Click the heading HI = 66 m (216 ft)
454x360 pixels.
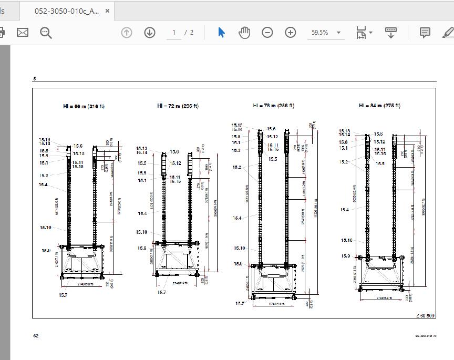tap(84, 106)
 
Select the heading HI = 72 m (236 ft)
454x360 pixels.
tap(178, 106)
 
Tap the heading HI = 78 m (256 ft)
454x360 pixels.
tap(273, 106)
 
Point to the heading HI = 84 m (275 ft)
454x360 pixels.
tap(379, 106)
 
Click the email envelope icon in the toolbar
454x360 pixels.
tap(23, 33)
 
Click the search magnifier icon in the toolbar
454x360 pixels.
tap(46, 33)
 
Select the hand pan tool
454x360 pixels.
tap(244, 33)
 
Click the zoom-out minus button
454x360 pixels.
tap(267, 33)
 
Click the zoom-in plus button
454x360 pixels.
tap(291, 33)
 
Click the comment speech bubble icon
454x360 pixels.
tap(425, 33)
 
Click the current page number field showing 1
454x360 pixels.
tap(174, 33)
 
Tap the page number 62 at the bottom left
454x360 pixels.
tap(36, 336)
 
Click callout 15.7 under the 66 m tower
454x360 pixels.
tap(63, 295)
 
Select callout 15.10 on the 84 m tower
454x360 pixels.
tap(346, 240)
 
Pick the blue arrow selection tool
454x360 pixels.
tap(221, 33)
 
